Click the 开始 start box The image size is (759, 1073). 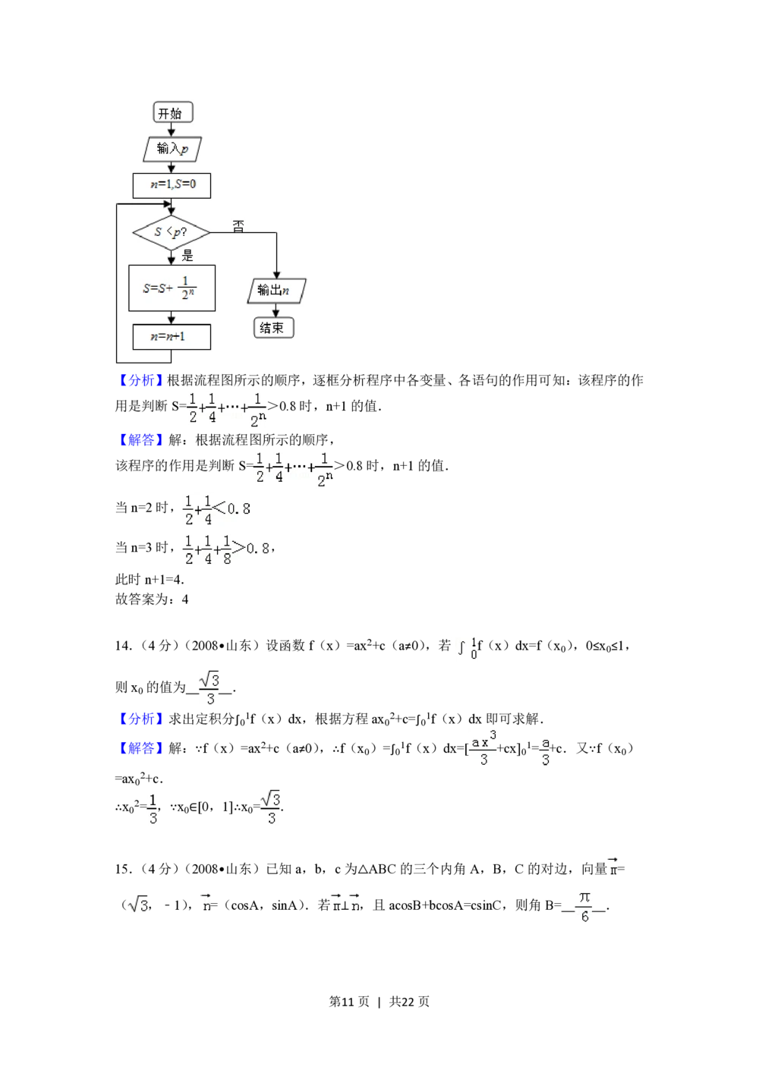(172, 113)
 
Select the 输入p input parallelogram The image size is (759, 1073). (172, 149)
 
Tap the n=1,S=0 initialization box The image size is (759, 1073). (172, 185)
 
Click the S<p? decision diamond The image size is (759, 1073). (172, 232)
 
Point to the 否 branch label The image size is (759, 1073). (239, 226)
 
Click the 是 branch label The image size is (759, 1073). (187, 256)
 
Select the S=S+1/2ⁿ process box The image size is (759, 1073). (172, 288)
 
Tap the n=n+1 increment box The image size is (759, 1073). (172, 336)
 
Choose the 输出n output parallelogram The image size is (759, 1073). (276, 291)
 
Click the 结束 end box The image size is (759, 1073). (272, 328)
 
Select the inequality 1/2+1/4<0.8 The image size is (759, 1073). (218, 510)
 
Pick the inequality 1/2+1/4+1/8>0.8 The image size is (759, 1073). (227, 549)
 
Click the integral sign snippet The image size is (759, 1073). (465, 649)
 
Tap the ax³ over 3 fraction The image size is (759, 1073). (483, 750)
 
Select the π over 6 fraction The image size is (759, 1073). (583, 907)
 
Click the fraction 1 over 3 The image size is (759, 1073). (152, 808)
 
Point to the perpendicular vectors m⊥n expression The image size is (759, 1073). (346, 905)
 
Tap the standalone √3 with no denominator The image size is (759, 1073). (139, 905)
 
